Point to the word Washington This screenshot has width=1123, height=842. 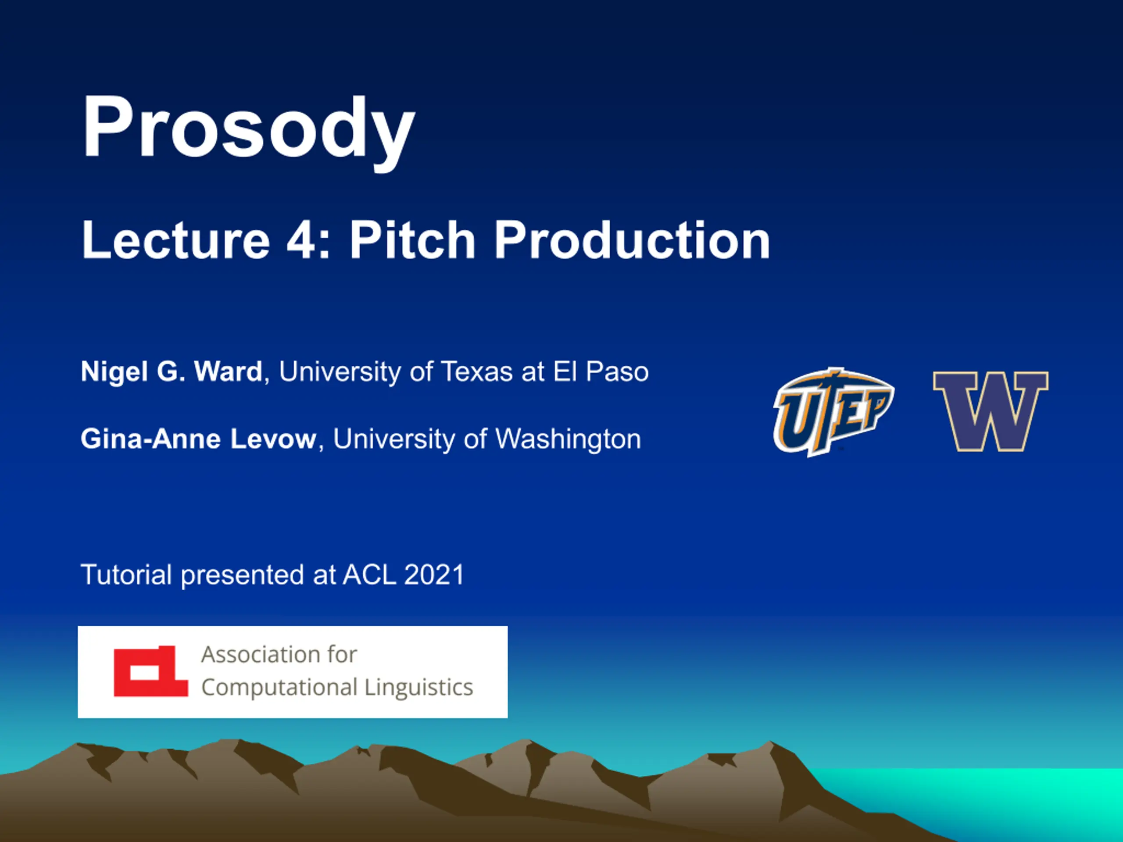pos(568,439)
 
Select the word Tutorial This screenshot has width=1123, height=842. pos(126,575)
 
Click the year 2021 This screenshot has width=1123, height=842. pos(434,575)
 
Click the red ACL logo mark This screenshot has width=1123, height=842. pos(151,671)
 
